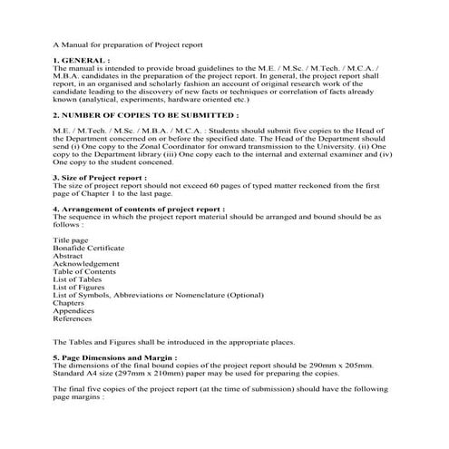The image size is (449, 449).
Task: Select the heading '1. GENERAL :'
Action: click(x=83, y=59)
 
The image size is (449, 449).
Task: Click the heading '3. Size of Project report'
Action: click(x=100, y=177)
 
